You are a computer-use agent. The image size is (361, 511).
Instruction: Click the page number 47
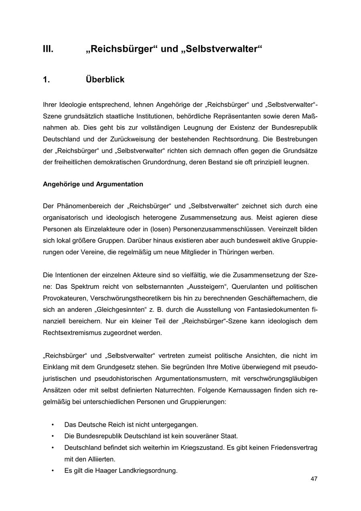pos(314,479)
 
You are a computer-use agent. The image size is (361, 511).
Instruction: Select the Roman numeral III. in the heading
pos(48,49)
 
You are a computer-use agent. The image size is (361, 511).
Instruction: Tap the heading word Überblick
pos(105,80)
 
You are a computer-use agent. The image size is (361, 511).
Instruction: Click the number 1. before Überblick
pos(47,80)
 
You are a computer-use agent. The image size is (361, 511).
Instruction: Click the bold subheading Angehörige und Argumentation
pos(93,184)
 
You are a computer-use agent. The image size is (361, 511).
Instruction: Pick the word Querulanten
pos(245,287)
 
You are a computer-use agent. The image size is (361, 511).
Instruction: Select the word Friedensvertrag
pos(294,448)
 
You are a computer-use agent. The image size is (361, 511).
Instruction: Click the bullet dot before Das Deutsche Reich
pos(53,425)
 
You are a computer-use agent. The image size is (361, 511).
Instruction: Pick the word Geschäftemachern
pos(278,298)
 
